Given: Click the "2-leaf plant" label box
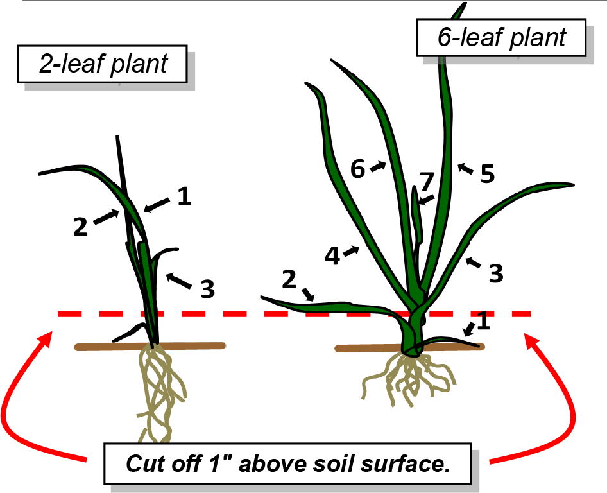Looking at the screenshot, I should [x=103, y=64].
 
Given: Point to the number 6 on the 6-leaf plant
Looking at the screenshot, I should [x=358, y=169].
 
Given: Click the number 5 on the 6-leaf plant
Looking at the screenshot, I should [x=487, y=175].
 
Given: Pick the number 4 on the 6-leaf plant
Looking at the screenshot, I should [x=332, y=255].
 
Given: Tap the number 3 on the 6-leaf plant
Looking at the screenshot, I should [x=495, y=273].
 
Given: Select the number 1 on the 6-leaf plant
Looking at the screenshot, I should [x=484, y=321].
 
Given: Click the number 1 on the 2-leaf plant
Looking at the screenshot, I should [x=184, y=197].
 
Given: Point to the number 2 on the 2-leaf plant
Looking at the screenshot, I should [x=80, y=227].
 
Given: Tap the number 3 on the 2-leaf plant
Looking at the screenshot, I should [x=207, y=290].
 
